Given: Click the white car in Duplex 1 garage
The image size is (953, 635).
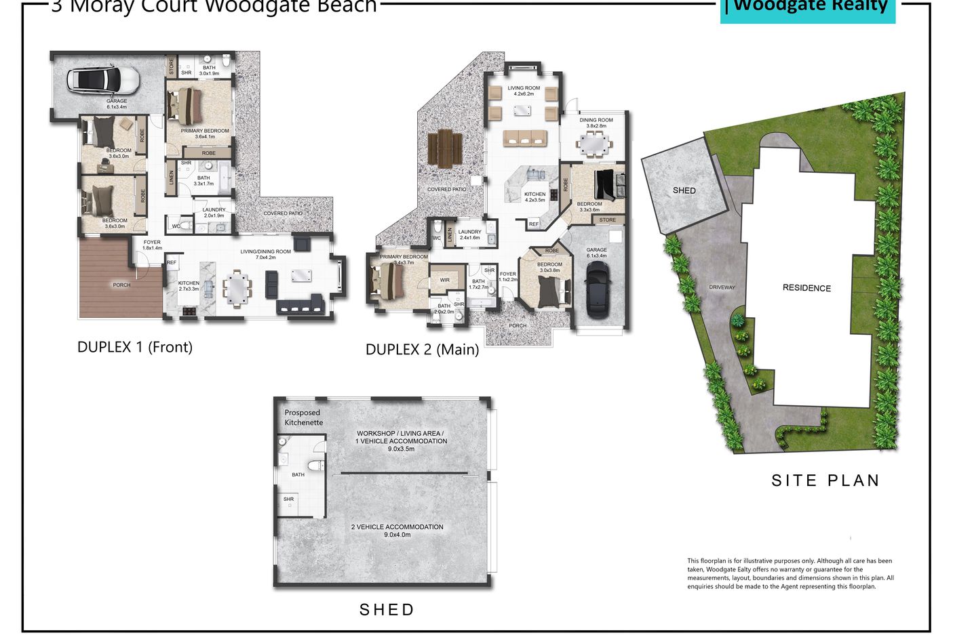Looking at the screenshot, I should tap(104, 81).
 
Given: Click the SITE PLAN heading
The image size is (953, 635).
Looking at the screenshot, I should tap(825, 480).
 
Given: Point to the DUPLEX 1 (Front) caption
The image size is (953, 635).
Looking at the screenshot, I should tap(135, 347).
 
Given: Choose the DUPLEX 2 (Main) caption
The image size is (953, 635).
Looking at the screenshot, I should tap(422, 350).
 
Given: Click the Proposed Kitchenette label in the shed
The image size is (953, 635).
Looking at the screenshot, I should tap(303, 417).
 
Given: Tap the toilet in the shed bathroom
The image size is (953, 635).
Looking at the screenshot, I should tap(315, 466).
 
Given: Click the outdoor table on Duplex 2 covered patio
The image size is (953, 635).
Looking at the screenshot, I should tap(445, 148).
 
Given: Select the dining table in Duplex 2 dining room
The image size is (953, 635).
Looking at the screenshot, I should tap(595, 144).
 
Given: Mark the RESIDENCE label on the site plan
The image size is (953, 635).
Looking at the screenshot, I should tap(806, 288).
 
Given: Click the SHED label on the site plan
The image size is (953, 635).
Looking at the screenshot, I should tap(684, 190).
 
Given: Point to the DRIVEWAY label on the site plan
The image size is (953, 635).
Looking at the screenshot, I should tap(722, 287).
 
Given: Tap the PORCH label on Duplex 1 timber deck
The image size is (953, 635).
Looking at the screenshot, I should tap(121, 285).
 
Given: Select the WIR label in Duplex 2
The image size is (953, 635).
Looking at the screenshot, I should tap(445, 280).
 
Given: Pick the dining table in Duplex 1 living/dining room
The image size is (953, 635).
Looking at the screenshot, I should tap(237, 287).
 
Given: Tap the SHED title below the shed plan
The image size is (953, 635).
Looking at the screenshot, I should tap(387, 610).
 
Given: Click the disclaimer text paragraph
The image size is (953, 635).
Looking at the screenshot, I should tap(790, 573).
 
